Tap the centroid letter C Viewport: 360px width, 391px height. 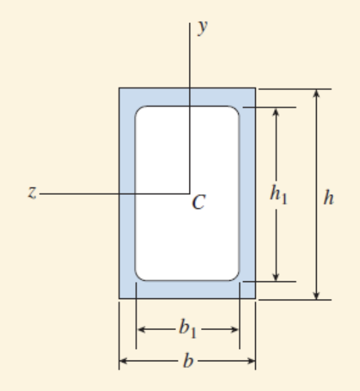coord(198,202)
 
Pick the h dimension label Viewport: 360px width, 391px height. coord(328,200)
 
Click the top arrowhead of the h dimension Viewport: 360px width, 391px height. coord(316,93)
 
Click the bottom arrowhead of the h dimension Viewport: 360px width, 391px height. coord(316,294)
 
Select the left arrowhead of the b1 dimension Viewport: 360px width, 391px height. coord(141,330)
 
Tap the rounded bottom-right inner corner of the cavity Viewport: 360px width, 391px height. coord(235,276)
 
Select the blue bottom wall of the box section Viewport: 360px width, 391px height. coord(187,290)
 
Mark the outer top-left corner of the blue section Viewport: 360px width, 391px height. coord(120,89)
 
